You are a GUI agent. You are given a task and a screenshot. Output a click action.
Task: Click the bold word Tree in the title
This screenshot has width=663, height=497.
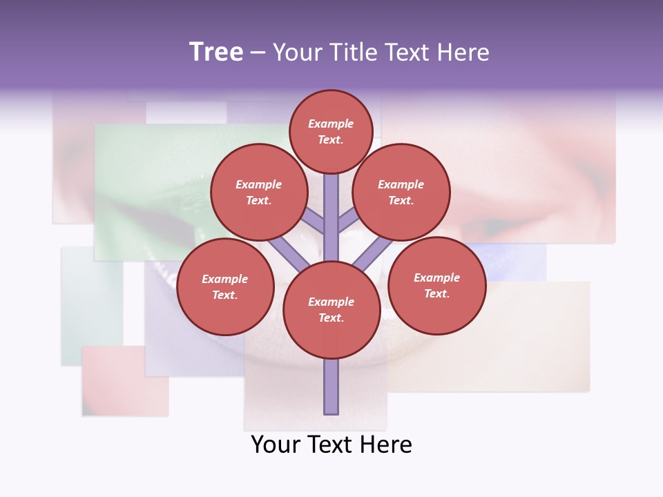216,52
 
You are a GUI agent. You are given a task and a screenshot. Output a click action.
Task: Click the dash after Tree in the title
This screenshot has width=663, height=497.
258,53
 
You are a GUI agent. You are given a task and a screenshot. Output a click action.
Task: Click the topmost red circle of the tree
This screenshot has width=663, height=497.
331,131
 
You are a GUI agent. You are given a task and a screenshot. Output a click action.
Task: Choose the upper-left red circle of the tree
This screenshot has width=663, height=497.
258,193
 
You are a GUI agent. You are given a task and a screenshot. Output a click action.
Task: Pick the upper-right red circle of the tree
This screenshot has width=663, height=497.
401,193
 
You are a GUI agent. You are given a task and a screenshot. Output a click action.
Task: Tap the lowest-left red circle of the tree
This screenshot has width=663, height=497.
224,286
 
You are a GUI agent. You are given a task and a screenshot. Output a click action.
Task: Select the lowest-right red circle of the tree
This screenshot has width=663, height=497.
436,285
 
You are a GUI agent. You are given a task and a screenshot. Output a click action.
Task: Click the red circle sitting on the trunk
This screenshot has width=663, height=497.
331,310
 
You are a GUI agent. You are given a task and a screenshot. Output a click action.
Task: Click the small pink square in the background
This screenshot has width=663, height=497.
125,381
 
